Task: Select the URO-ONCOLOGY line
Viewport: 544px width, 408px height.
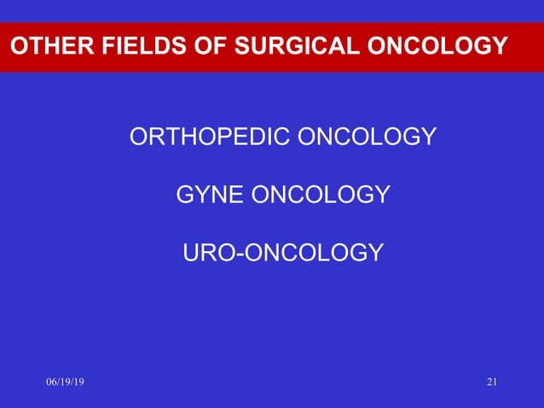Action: pos(283,253)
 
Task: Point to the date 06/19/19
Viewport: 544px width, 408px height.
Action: pos(65,382)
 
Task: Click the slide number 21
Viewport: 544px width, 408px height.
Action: pos(491,382)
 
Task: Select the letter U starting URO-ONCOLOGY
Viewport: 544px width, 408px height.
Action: pos(192,253)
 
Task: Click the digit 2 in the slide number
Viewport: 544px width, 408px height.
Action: pos(489,382)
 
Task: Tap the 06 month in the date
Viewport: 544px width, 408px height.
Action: pos(50,382)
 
